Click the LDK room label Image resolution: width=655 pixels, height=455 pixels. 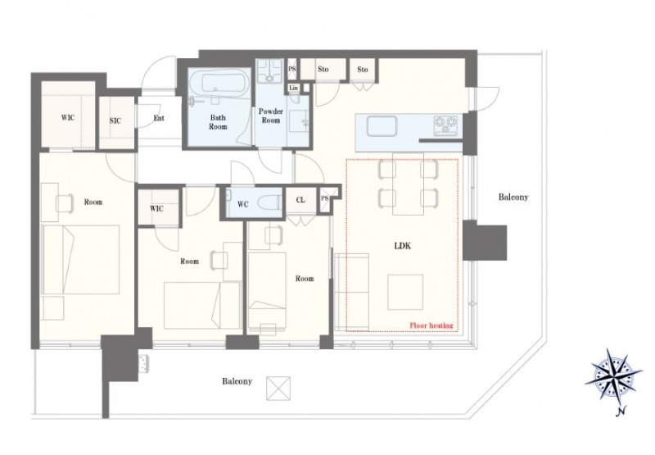click(402, 246)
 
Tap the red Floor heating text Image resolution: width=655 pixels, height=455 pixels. click(431, 325)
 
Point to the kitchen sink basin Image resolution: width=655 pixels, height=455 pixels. click(382, 126)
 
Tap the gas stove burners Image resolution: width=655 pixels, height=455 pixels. click(445, 125)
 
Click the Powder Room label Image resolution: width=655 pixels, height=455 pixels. click(271, 116)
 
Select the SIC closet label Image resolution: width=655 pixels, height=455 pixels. click(115, 121)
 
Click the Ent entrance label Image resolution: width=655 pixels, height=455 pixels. click(159, 118)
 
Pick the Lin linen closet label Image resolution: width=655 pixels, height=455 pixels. click(294, 88)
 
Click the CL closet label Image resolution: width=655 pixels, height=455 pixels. click(300, 200)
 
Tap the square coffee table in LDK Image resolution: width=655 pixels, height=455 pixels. click(405, 292)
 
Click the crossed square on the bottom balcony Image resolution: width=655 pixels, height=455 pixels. click(278, 388)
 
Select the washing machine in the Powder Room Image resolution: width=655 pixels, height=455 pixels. click(269, 71)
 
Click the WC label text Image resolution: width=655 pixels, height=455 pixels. click(242, 204)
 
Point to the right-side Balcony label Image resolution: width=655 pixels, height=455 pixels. click(513, 197)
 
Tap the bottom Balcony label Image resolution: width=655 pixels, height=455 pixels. click(237, 381)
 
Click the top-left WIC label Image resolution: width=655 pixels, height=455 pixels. click(68, 117)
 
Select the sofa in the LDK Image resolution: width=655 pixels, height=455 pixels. click(352, 291)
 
